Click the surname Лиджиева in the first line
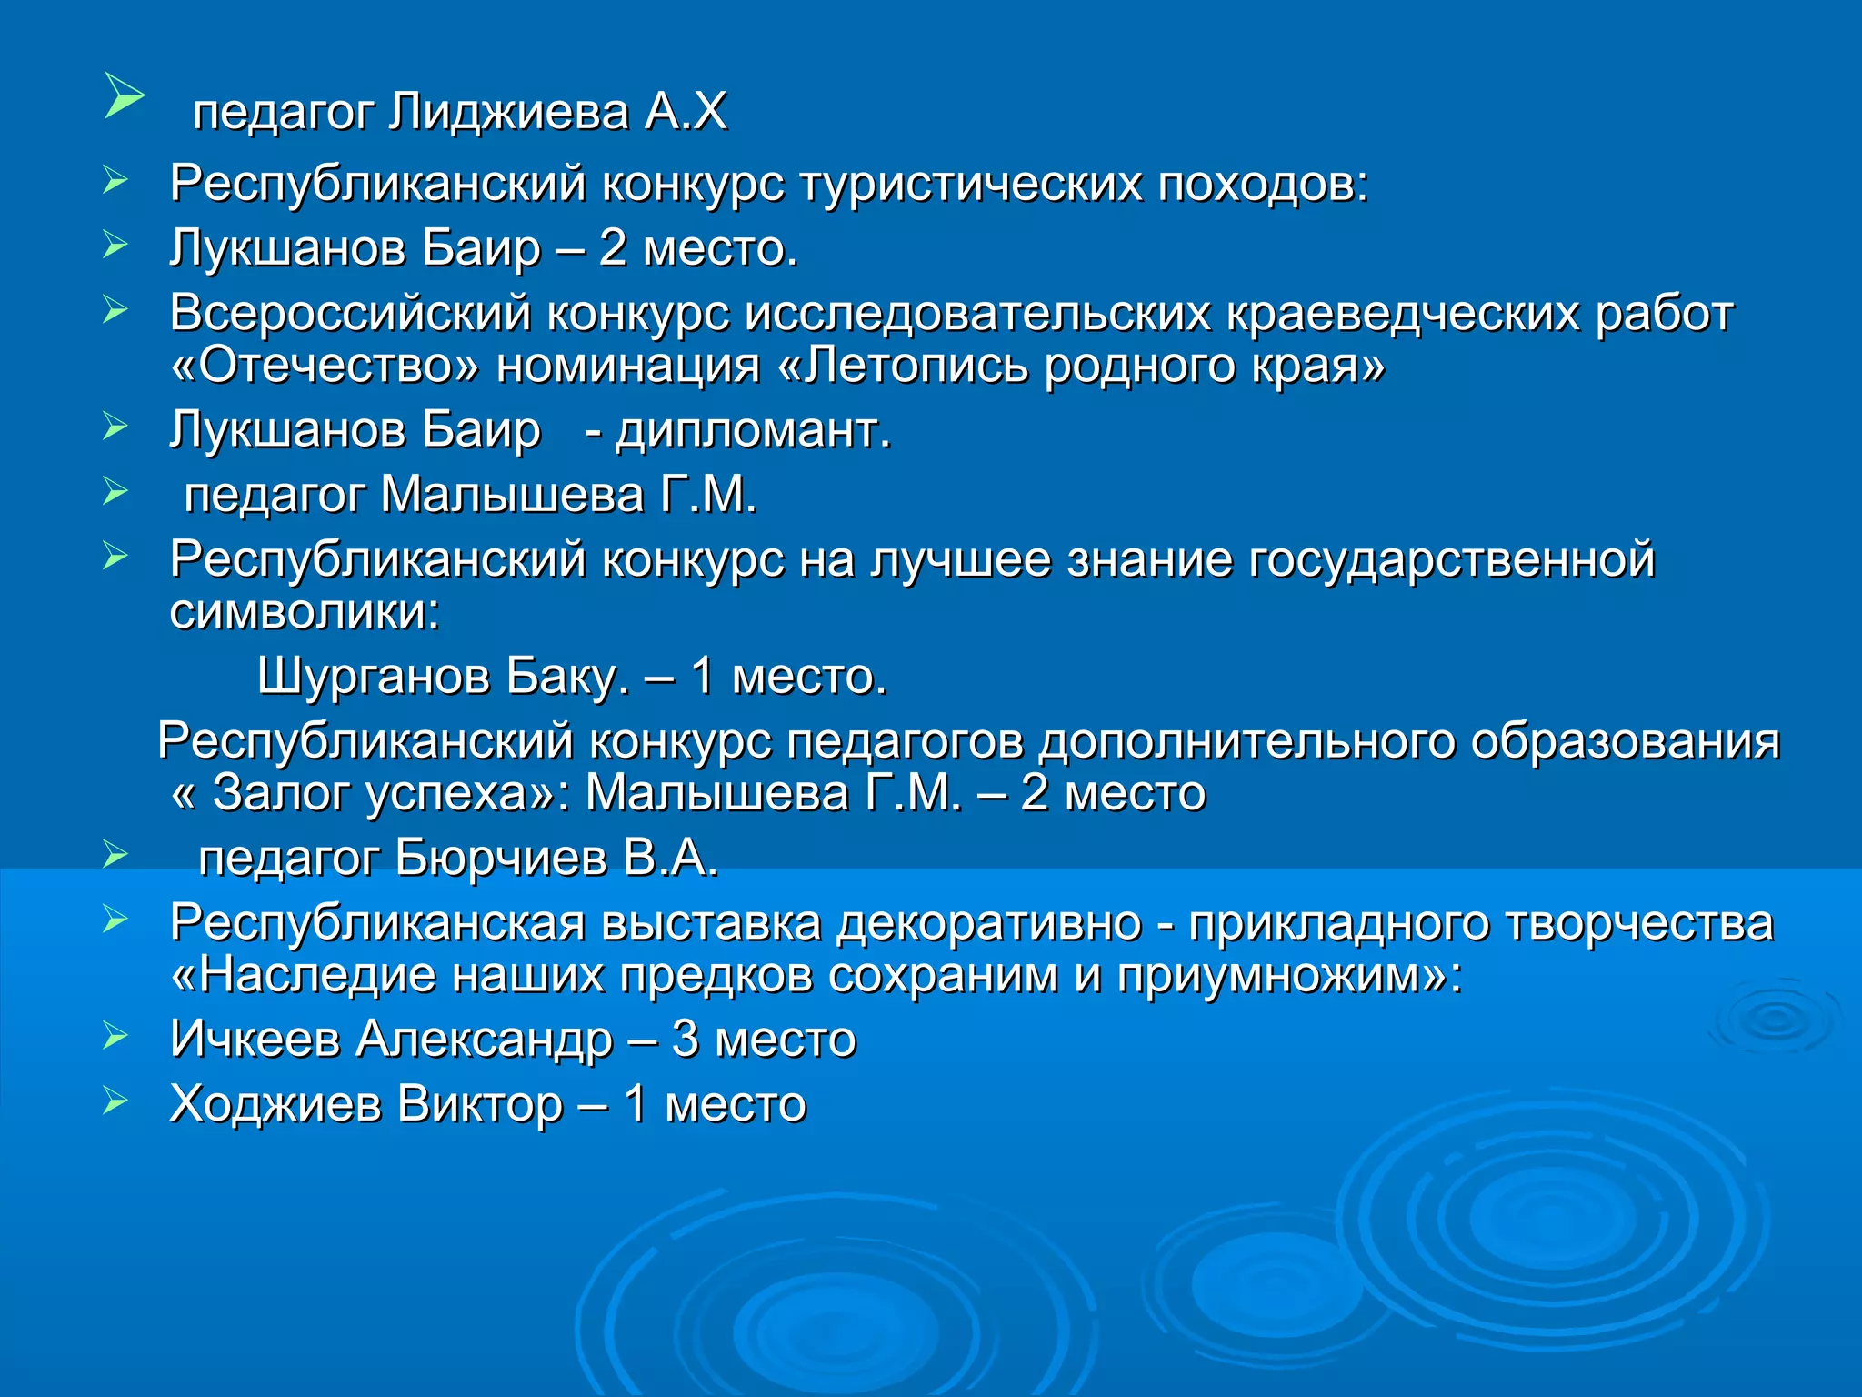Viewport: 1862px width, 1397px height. coord(508,113)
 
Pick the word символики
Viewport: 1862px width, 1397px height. coord(300,612)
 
